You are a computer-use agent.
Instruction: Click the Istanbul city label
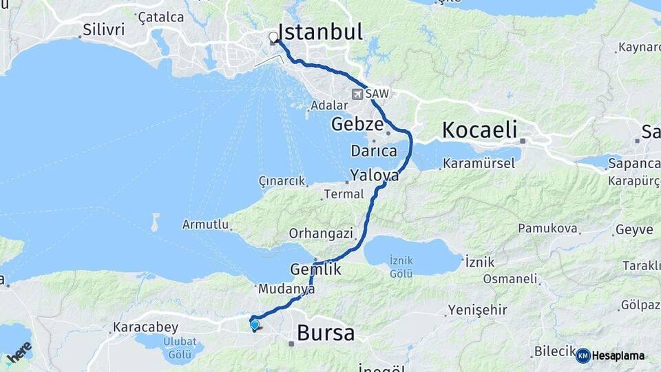320,32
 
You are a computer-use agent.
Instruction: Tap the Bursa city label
326,333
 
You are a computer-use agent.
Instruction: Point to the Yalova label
374,176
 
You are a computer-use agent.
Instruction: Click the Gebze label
357,125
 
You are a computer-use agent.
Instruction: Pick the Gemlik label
316,270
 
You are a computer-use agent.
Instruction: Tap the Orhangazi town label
320,233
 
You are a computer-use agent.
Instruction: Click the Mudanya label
288,290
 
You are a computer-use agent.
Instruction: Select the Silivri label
103,30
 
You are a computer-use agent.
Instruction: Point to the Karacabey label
145,327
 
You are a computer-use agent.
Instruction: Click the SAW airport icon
358,94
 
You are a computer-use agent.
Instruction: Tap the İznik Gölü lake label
401,265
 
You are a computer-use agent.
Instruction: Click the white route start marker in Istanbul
273,37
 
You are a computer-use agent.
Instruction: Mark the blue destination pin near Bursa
255,324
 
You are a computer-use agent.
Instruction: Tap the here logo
19,352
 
